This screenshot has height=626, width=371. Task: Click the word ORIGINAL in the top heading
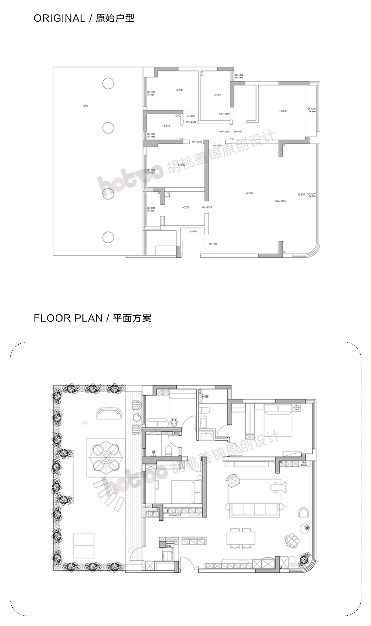[x=59, y=18]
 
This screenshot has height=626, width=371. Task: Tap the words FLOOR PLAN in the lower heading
[x=68, y=318]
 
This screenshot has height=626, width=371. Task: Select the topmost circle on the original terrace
[x=108, y=84]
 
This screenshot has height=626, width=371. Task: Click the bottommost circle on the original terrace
[x=108, y=237]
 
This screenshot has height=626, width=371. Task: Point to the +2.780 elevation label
[x=249, y=193]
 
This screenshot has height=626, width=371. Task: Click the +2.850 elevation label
[x=301, y=194]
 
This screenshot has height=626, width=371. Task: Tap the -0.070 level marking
[x=185, y=207]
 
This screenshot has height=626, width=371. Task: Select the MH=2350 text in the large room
[x=280, y=201]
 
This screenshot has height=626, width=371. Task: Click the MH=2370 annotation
[x=207, y=207]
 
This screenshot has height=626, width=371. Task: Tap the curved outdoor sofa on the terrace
[x=109, y=413]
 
